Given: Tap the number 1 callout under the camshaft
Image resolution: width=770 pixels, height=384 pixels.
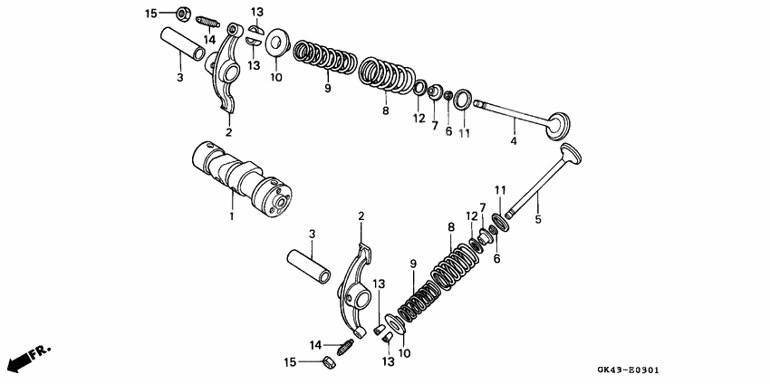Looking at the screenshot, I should click(231, 217).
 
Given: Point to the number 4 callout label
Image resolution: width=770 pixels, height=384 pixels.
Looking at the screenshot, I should click(513, 142).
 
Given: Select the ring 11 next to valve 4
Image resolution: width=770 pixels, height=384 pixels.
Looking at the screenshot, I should click(463, 97).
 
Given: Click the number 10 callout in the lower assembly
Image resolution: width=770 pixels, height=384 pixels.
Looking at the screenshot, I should click(404, 352).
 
